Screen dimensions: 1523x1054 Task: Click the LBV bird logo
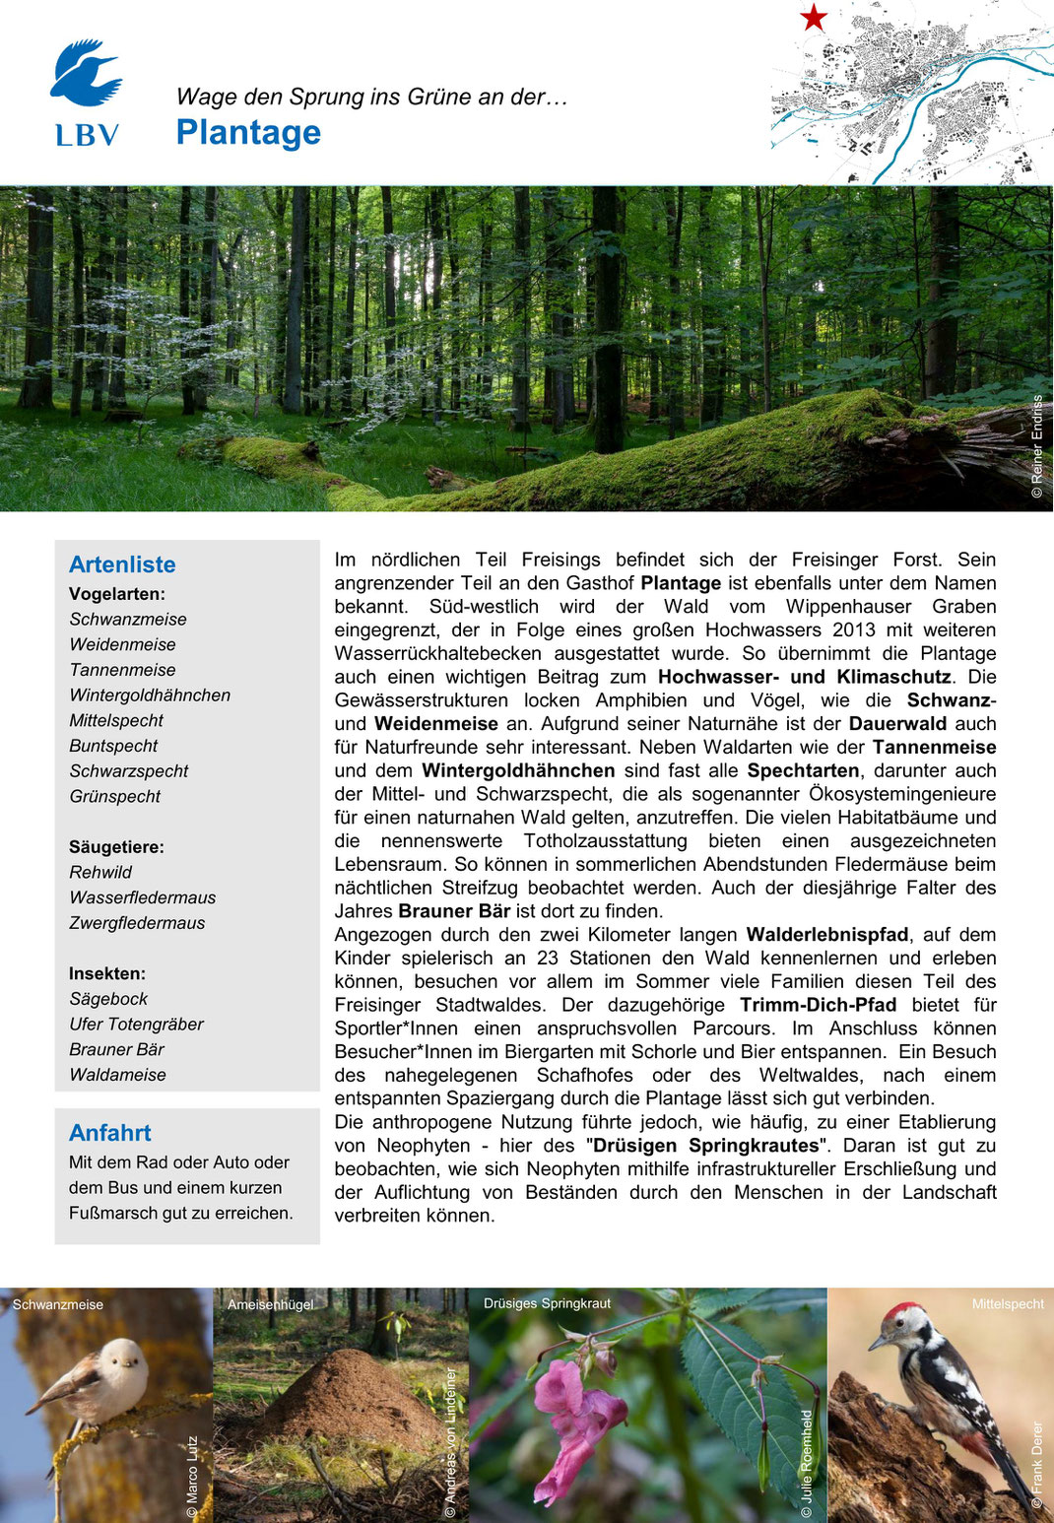pyautogui.click(x=86, y=75)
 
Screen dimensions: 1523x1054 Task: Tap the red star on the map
pyautogui.click(x=814, y=18)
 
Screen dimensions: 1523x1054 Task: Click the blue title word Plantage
pyautogui.click(x=248, y=132)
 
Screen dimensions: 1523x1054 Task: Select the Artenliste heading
pyautogui.click(x=122, y=564)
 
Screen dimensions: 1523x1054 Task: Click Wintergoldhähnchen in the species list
pyautogui.click(x=150, y=695)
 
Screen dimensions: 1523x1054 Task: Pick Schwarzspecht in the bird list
pyautogui.click(x=128, y=771)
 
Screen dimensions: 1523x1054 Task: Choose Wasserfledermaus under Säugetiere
pyautogui.click(x=142, y=897)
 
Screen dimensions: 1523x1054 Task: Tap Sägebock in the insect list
pyautogui.click(x=108, y=999)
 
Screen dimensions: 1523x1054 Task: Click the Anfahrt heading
pyautogui.click(x=110, y=1133)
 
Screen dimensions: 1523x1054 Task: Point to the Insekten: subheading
pyautogui.click(x=107, y=973)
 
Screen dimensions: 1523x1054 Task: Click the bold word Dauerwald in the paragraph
pyautogui.click(x=897, y=724)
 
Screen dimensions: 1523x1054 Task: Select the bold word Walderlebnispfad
pyautogui.click(x=827, y=935)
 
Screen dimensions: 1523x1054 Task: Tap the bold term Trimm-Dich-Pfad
pyautogui.click(x=818, y=1005)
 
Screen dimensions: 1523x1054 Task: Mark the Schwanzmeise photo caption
pyautogui.click(x=58, y=1304)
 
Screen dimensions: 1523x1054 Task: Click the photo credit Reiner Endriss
pyautogui.click(x=1036, y=446)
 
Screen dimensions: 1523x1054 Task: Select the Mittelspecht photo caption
pyautogui.click(x=1008, y=1303)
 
